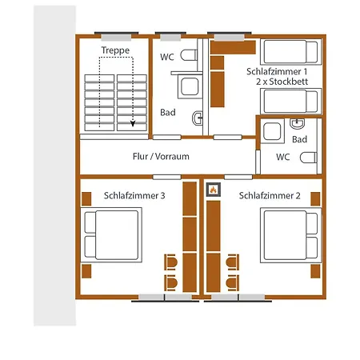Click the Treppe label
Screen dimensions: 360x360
[115, 50]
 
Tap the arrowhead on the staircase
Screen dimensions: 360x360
[133, 123]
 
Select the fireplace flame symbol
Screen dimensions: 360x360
[213, 190]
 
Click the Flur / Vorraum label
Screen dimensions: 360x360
[161, 156]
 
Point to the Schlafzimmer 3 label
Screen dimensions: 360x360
[134, 195]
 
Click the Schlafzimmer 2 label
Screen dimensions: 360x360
[270, 195]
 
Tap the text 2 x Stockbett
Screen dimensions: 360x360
[282, 82]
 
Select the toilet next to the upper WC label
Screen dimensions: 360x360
[189, 55]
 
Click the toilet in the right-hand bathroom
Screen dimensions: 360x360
[309, 158]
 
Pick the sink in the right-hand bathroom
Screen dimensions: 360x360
[297, 123]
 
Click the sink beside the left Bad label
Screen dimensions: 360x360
[198, 118]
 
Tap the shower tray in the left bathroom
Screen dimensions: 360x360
[190, 86]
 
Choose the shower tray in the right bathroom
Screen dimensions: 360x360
[272, 131]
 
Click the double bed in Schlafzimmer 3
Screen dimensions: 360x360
[111, 235]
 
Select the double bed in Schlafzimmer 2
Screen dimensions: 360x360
[291, 235]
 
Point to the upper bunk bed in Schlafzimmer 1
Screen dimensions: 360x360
[291, 52]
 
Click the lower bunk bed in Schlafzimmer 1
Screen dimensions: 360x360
[291, 102]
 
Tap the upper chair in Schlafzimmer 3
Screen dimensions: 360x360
[170, 262]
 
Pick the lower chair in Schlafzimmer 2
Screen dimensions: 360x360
[233, 282]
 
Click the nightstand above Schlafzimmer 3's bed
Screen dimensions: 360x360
[86, 199]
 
